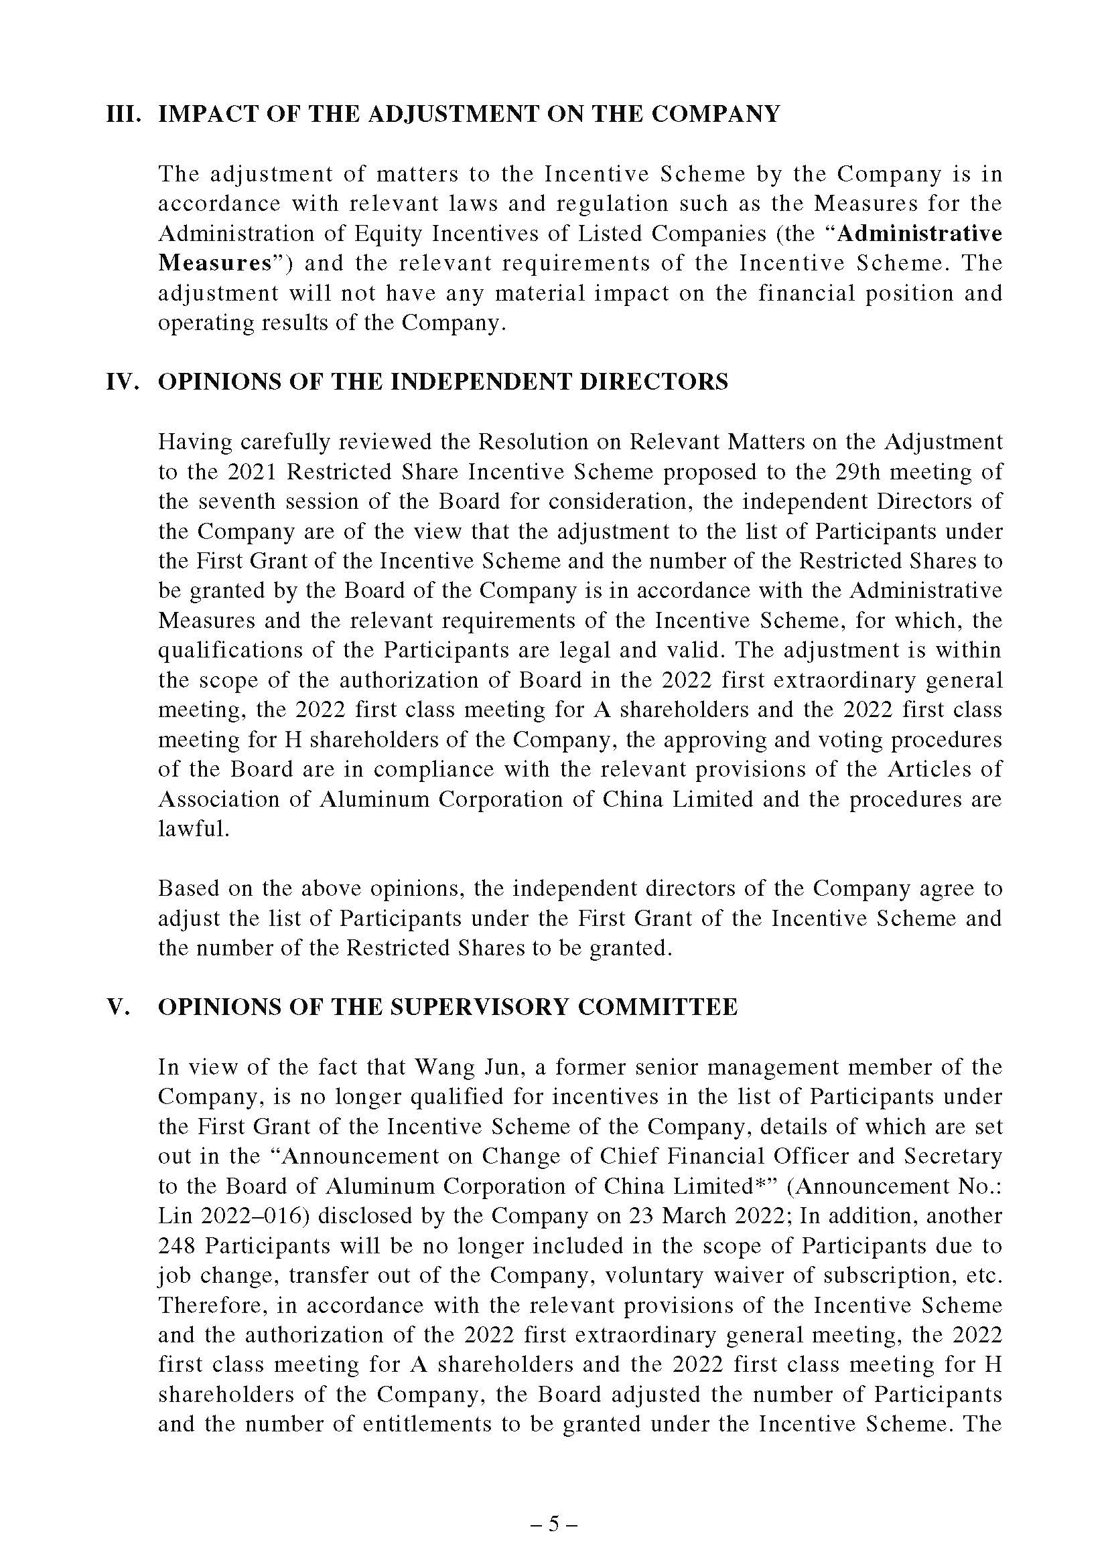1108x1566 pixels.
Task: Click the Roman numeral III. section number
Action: point(123,114)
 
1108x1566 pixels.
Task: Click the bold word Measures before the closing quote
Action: point(214,263)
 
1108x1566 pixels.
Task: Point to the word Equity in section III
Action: point(385,234)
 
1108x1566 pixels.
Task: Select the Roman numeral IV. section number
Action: point(123,381)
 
